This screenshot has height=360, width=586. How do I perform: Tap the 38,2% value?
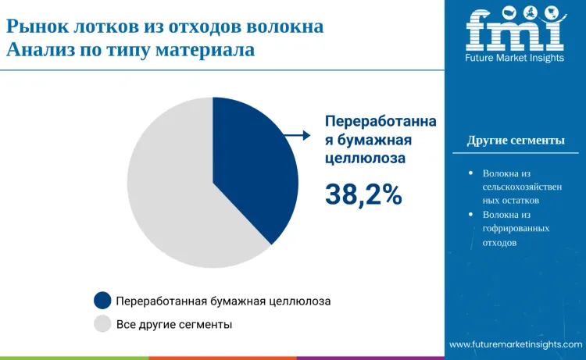tap(363, 195)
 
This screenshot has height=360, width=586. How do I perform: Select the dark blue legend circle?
tap(102, 301)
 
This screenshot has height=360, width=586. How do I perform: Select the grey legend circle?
tap(102, 324)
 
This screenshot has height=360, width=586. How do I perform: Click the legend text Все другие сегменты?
tap(173, 324)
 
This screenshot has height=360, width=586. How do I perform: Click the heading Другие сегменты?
tap(516, 141)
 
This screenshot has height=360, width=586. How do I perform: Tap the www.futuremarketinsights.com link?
tap(516, 344)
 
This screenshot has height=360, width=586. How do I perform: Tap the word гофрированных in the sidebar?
tap(516, 228)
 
